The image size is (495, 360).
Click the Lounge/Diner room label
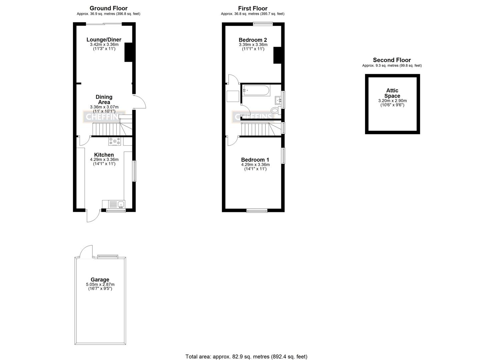pyautogui.click(x=104, y=40)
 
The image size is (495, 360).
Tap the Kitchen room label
pyautogui.click(x=104, y=155)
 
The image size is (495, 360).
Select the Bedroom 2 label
pyautogui.click(x=253, y=40)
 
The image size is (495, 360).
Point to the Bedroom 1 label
pyautogui.click(x=255, y=160)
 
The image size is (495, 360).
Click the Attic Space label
pyautogui.click(x=392, y=93)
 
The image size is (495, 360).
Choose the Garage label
pyautogui.click(x=100, y=280)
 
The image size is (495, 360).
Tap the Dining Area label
pyautogui.click(x=104, y=99)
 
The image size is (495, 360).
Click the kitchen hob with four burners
pyautogui.click(x=114, y=141)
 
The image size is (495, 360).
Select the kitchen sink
pyautogui.click(x=117, y=204)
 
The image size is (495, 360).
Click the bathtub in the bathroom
pyautogui.click(x=256, y=90)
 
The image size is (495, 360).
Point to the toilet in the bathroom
pyautogui.click(x=275, y=110)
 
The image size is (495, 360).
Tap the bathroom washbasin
pyautogui.click(x=278, y=100)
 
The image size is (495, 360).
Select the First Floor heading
pyautogui.click(x=253, y=8)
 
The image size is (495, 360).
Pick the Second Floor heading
pyautogui.click(x=392, y=60)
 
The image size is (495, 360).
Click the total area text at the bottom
pyautogui.click(x=246, y=357)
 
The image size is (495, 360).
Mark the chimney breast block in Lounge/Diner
pyautogui.click(x=129, y=53)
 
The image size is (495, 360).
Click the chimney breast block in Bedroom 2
pyautogui.click(x=278, y=55)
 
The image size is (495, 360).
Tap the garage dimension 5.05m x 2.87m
pyautogui.click(x=100, y=284)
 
